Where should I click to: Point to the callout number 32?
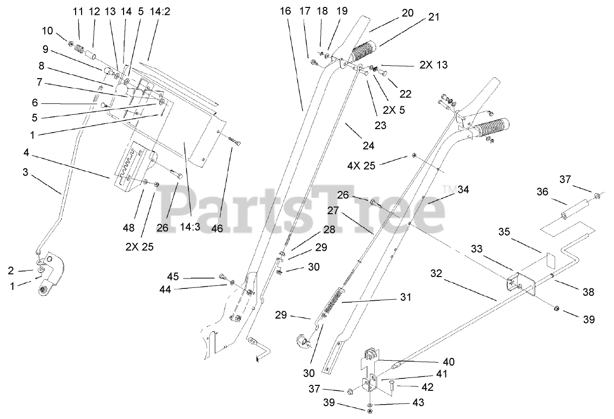pyautogui.click(x=437, y=273)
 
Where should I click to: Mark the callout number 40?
pyautogui.click(x=448, y=362)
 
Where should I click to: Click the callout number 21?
pyautogui.click(x=433, y=17)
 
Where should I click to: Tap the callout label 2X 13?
pyautogui.click(x=434, y=65)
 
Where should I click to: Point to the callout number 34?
pyautogui.click(x=463, y=189)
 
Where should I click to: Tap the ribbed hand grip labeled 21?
pyautogui.click(x=364, y=51)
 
